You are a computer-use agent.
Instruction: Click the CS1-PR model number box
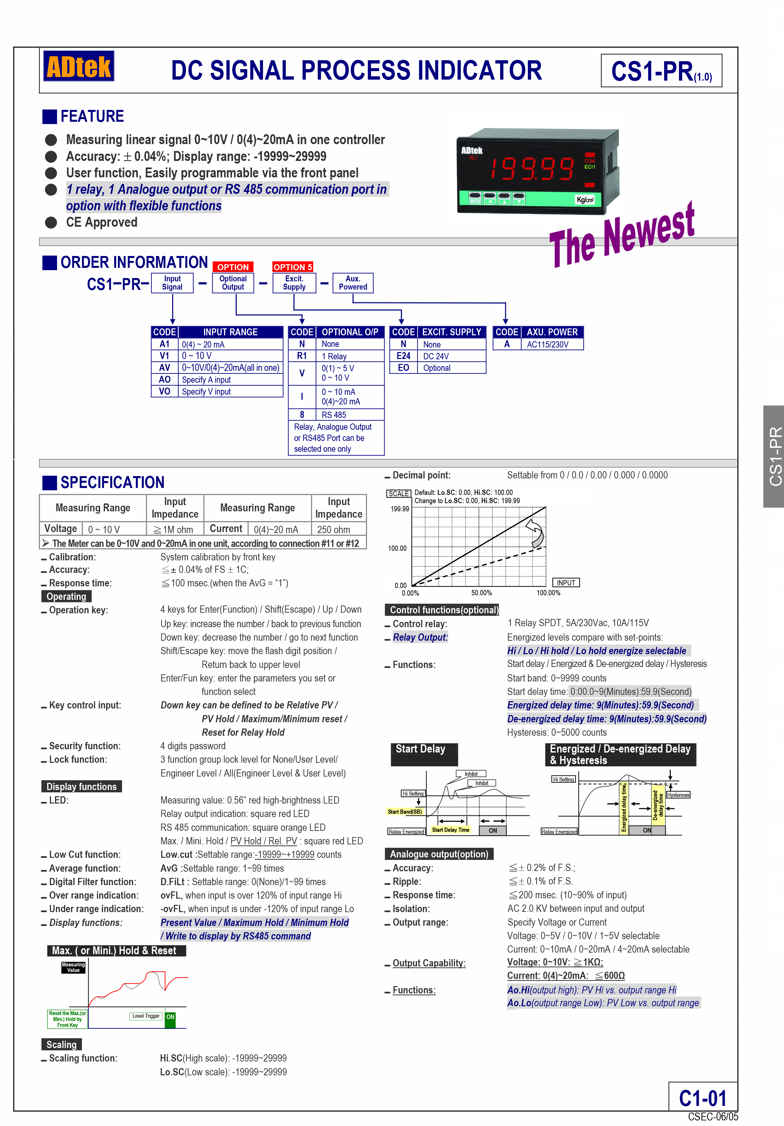(x=661, y=71)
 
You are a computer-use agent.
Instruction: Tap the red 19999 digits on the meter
(x=532, y=168)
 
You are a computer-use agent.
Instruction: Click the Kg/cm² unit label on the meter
(x=585, y=200)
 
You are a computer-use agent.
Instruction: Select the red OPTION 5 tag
(x=292, y=267)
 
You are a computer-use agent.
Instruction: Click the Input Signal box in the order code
(x=172, y=283)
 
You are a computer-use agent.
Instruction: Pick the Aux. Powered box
(x=353, y=283)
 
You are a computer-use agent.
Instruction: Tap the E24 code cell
(x=403, y=356)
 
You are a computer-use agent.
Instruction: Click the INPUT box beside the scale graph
(x=566, y=583)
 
